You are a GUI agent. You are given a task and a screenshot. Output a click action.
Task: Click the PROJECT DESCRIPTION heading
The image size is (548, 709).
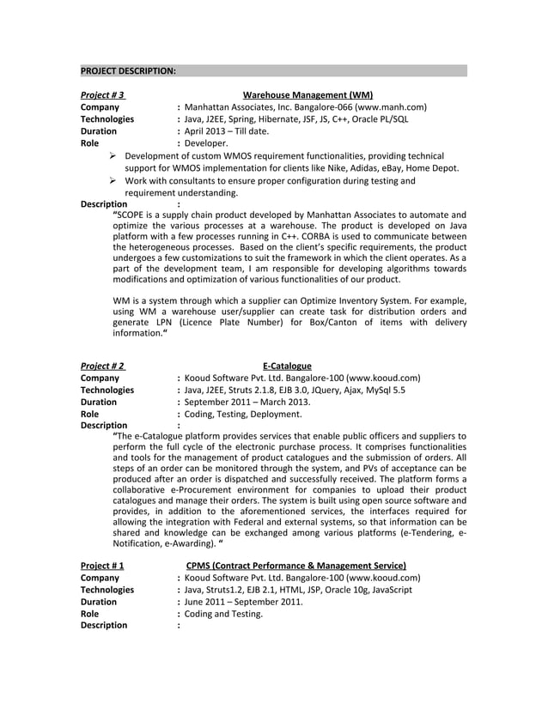(128, 70)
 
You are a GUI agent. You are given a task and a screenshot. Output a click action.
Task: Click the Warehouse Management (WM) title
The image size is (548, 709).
(307, 94)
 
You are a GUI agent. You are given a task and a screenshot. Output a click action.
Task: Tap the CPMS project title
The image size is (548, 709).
(296, 566)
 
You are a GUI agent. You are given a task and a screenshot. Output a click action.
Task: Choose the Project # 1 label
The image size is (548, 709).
(101, 566)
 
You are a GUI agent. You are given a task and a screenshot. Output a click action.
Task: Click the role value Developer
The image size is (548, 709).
(205, 143)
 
